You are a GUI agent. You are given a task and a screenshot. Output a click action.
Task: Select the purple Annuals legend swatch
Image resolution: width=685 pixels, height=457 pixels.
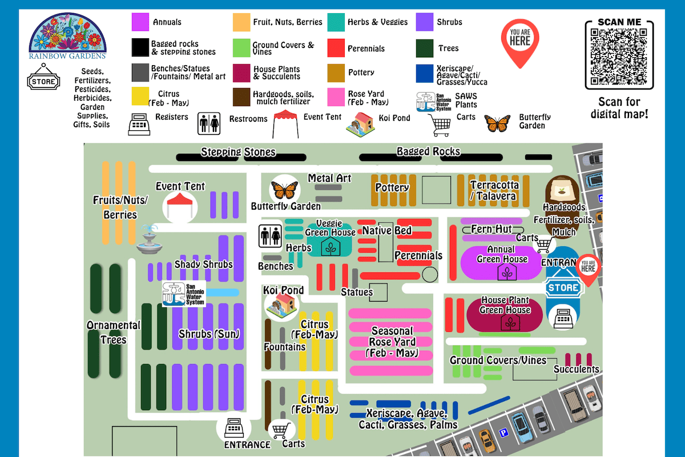tap(140, 22)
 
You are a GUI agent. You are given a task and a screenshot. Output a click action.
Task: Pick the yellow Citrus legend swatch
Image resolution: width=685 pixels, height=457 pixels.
tap(140, 97)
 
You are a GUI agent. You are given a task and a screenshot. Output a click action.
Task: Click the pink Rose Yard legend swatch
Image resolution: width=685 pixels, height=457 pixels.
tap(336, 97)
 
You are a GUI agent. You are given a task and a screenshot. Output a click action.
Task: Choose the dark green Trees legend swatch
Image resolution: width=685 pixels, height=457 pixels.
tap(425, 49)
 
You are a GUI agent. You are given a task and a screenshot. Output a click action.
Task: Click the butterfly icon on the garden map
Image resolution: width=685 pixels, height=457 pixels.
tap(285, 189)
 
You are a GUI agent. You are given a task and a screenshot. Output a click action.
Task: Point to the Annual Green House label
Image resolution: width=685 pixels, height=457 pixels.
tap(502, 254)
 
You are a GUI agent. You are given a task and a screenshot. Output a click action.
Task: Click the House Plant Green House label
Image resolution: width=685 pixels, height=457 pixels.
tap(505, 305)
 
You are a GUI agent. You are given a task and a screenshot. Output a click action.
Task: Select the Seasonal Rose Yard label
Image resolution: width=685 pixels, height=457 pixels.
tap(392, 342)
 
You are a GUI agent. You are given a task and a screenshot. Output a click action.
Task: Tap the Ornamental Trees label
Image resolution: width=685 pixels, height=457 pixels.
tap(114, 332)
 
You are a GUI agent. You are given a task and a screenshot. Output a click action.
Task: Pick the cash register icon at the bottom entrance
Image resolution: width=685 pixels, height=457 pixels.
tap(233, 427)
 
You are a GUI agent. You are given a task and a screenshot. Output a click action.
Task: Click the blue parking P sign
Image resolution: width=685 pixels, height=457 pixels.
tap(503, 434)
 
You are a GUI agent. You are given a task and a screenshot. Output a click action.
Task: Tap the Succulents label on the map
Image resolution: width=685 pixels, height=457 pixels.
tap(576, 369)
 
